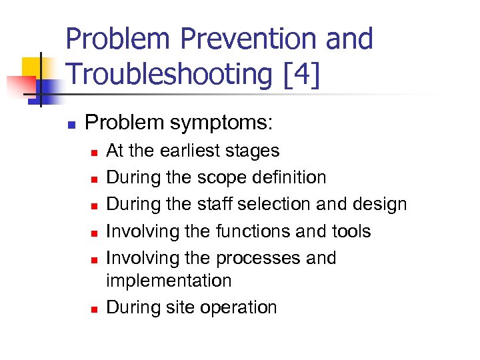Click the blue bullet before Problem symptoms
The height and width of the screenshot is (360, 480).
pos(72,124)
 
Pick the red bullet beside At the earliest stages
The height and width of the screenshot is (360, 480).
pos(94,153)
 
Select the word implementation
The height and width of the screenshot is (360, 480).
pos(169,281)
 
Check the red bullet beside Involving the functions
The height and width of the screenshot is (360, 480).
pos(94,233)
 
